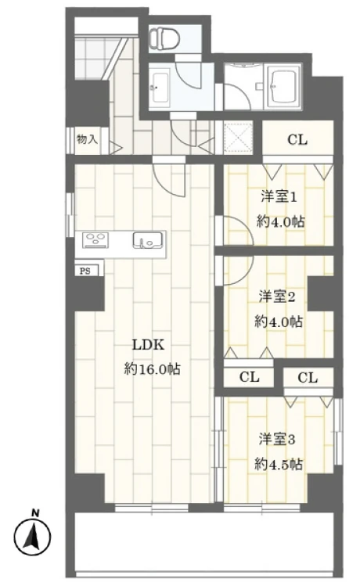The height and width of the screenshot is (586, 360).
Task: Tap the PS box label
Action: pos(84,271)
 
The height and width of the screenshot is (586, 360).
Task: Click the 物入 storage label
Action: pos(87,141)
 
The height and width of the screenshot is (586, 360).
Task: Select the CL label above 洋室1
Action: pos(297,141)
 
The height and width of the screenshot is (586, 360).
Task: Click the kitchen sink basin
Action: pos(146,240)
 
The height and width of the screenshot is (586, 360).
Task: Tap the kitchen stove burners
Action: pos(95,240)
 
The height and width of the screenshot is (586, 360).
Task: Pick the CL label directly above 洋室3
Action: pos(308,378)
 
